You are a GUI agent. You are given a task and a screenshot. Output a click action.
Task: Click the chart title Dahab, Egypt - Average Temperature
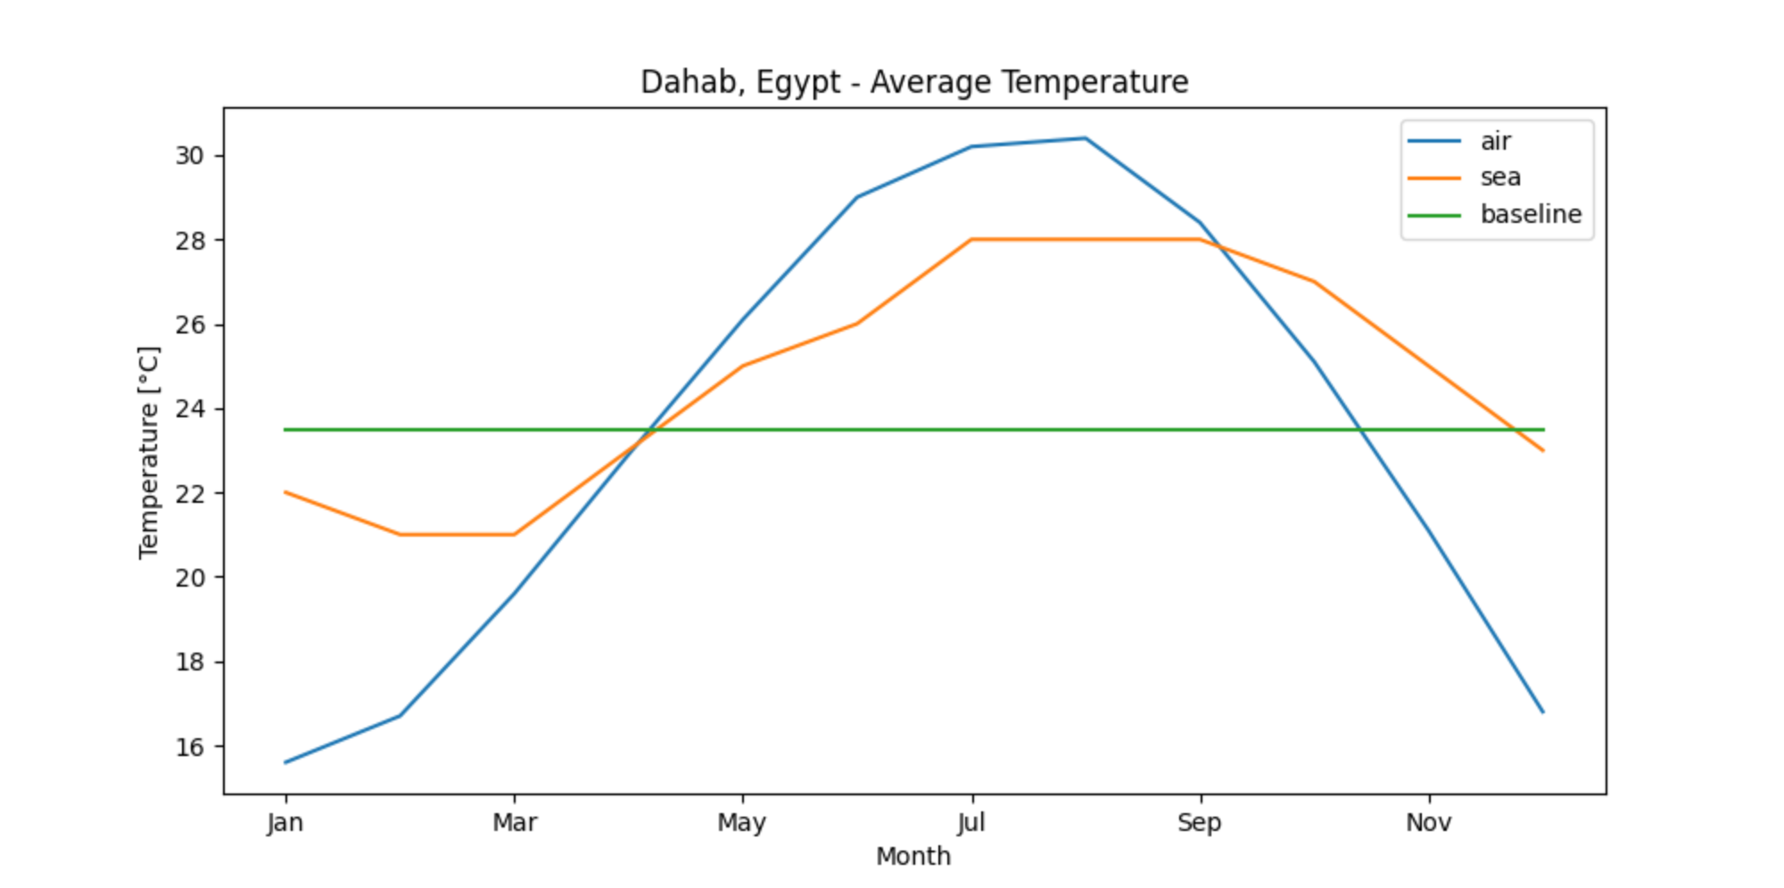click(914, 82)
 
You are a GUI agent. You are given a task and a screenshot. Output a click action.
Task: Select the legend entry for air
click(1495, 141)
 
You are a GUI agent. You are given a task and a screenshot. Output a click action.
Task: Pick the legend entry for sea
click(1499, 177)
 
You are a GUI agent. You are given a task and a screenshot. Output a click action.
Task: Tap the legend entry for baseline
click(1530, 214)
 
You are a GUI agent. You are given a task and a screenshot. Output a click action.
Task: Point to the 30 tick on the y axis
click(189, 156)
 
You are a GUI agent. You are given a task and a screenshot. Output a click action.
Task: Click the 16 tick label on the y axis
click(189, 747)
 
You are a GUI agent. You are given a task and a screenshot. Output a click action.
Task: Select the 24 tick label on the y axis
click(189, 409)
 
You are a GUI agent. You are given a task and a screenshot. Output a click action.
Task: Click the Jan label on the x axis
click(285, 822)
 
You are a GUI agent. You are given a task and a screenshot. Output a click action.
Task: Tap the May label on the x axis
click(742, 822)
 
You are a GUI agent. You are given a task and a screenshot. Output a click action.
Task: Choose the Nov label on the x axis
click(1429, 822)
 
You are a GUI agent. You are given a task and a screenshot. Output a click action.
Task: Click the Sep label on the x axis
click(1200, 822)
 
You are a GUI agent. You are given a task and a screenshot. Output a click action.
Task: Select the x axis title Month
click(913, 856)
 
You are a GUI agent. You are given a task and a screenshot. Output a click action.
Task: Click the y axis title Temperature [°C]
click(149, 452)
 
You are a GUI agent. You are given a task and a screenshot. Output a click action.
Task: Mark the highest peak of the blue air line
click(1086, 138)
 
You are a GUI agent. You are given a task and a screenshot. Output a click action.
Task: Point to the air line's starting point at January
click(285, 762)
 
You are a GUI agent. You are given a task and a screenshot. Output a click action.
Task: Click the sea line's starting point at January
click(285, 492)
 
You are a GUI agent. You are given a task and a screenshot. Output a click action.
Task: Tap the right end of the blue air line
click(1543, 711)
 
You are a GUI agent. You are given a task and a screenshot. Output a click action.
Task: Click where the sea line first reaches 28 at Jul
click(971, 239)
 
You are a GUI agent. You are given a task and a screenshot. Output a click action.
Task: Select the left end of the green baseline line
click(285, 430)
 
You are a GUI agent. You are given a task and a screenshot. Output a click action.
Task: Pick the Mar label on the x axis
click(515, 822)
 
